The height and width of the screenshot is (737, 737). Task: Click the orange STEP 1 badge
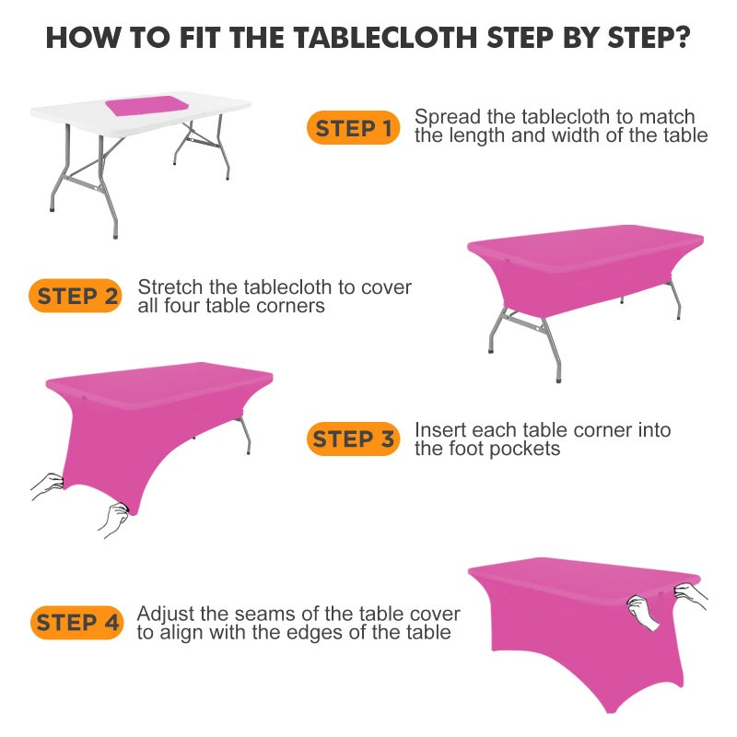tap(354, 129)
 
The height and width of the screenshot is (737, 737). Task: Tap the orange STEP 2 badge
tap(78, 296)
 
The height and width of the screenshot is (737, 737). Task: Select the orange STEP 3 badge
tap(354, 439)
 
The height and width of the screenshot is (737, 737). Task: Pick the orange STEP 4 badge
tap(78, 623)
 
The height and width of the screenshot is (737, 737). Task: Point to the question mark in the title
tap(684, 39)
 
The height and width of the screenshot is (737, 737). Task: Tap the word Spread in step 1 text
tap(445, 118)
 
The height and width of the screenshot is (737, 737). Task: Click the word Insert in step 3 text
tap(439, 430)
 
